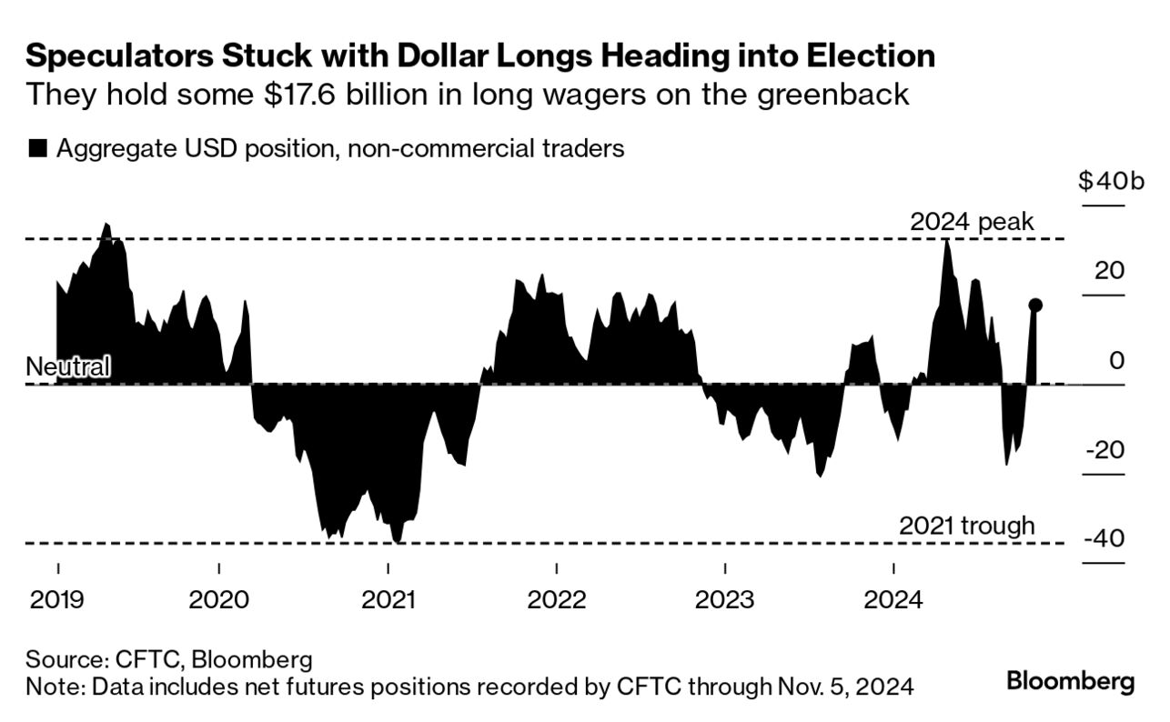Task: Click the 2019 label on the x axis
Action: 58,600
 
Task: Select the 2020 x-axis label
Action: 219,600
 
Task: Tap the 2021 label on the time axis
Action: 388,600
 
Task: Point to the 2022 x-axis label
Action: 557,600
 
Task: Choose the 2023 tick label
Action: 725,600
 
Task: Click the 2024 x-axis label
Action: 894,600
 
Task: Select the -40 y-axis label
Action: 1104,539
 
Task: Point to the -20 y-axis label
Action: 1104,450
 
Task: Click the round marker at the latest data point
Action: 1035,306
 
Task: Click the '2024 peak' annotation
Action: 972,222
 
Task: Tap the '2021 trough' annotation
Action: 966,526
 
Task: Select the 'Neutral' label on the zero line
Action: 68,367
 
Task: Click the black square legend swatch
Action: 37,149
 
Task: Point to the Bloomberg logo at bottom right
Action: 1070,682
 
